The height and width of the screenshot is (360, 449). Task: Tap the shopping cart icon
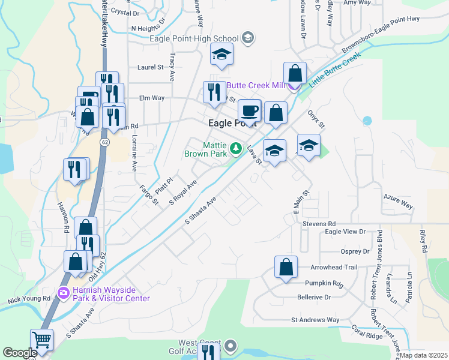pyautogui.click(x=42, y=340)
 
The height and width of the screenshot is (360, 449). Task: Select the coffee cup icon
pyautogui.click(x=249, y=111)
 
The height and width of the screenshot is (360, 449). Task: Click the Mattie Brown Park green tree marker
pyautogui.click(x=236, y=148)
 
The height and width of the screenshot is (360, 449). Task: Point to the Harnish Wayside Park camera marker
pyautogui.click(x=63, y=293)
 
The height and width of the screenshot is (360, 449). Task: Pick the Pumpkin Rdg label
pyautogui.click(x=323, y=283)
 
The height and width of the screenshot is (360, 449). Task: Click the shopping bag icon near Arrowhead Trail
pyautogui.click(x=286, y=266)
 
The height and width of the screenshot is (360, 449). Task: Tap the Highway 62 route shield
pyautogui.click(x=104, y=142)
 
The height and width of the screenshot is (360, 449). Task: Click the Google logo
pyautogui.click(x=20, y=353)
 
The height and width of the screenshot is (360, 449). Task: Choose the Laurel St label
pyautogui.click(x=150, y=68)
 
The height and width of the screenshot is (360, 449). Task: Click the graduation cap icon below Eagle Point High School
pyautogui.click(x=221, y=55)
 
